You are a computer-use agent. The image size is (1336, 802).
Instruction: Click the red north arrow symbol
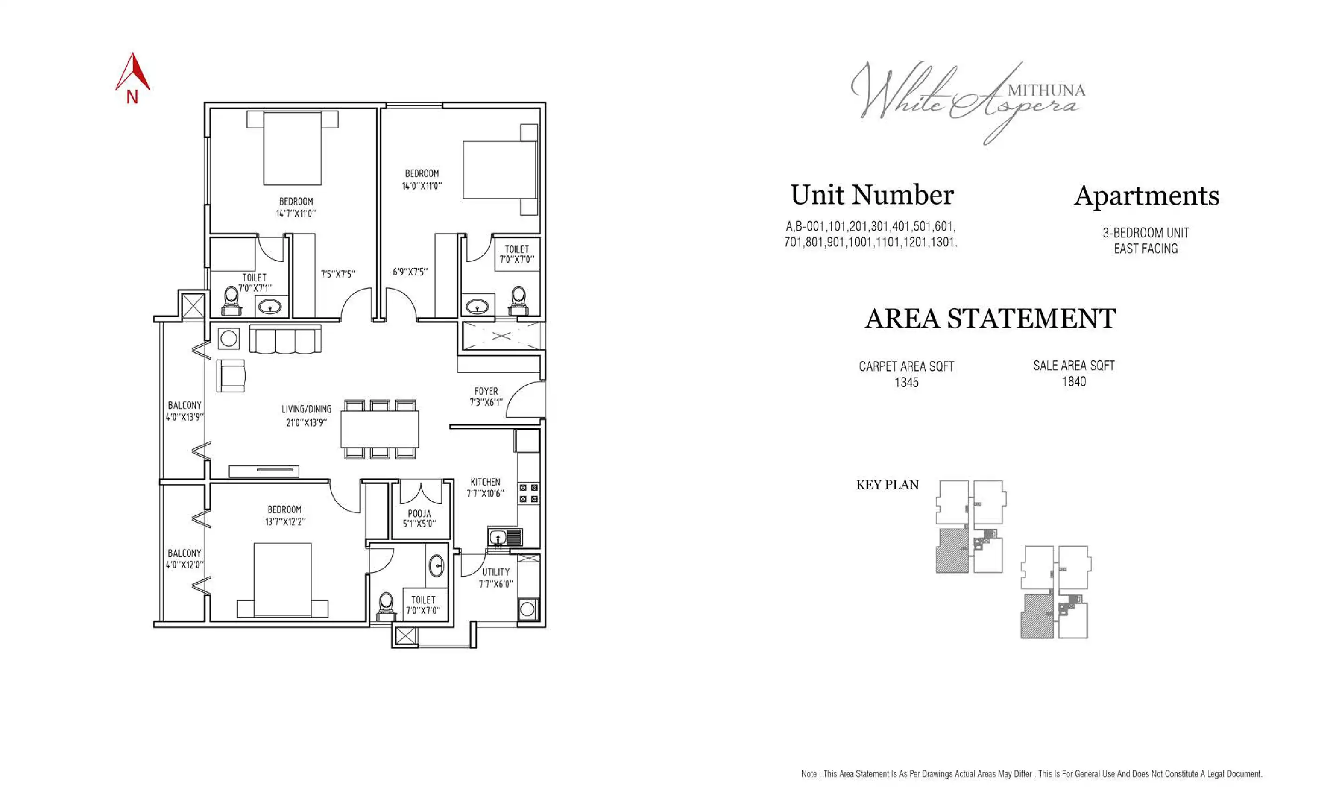coord(132,73)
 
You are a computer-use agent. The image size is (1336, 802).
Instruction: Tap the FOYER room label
coord(486,391)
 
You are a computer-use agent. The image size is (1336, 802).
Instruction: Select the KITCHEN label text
coord(484,481)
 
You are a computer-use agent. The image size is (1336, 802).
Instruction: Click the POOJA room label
coord(419,513)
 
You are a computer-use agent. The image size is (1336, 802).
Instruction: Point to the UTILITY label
coord(495,572)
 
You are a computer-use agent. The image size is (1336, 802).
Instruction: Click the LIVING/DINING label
coord(306,409)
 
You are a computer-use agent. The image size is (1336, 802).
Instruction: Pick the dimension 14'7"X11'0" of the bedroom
coord(295,213)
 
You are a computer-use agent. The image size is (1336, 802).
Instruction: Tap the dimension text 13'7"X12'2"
coord(284,522)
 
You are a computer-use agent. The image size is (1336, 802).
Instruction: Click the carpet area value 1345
coord(906,382)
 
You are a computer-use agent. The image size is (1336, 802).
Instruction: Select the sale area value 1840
coord(1073,382)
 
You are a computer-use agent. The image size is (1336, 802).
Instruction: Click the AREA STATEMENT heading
coord(989,318)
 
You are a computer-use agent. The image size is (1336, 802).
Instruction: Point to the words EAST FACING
coord(1145,249)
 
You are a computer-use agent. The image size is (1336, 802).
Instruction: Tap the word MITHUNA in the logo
coord(1046,90)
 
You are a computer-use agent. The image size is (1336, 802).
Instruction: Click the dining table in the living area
coord(379,428)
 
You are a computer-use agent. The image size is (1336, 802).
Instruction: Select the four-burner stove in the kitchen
coord(528,493)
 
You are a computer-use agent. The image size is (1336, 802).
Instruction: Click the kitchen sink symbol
coord(497,537)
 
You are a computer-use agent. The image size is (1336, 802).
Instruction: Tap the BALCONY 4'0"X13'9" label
coord(184,411)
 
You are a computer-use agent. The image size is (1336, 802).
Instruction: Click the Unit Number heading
coord(872,195)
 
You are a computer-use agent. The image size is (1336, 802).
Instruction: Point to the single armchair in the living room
coord(231,375)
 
